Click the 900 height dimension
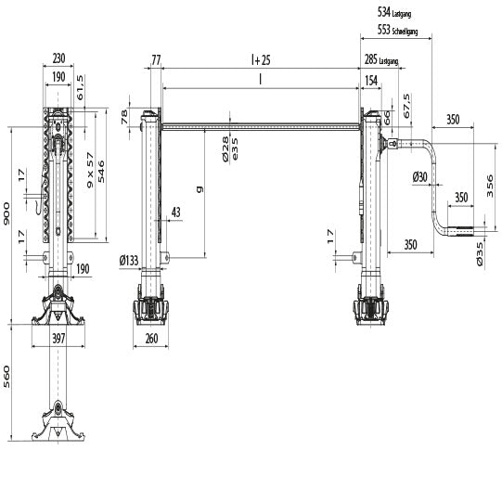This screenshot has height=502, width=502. (x=6, y=216)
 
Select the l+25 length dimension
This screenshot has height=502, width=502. (x=260, y=60)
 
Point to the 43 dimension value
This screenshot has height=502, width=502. (x=176, y=213)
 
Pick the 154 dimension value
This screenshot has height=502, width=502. (x=370, y=82)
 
